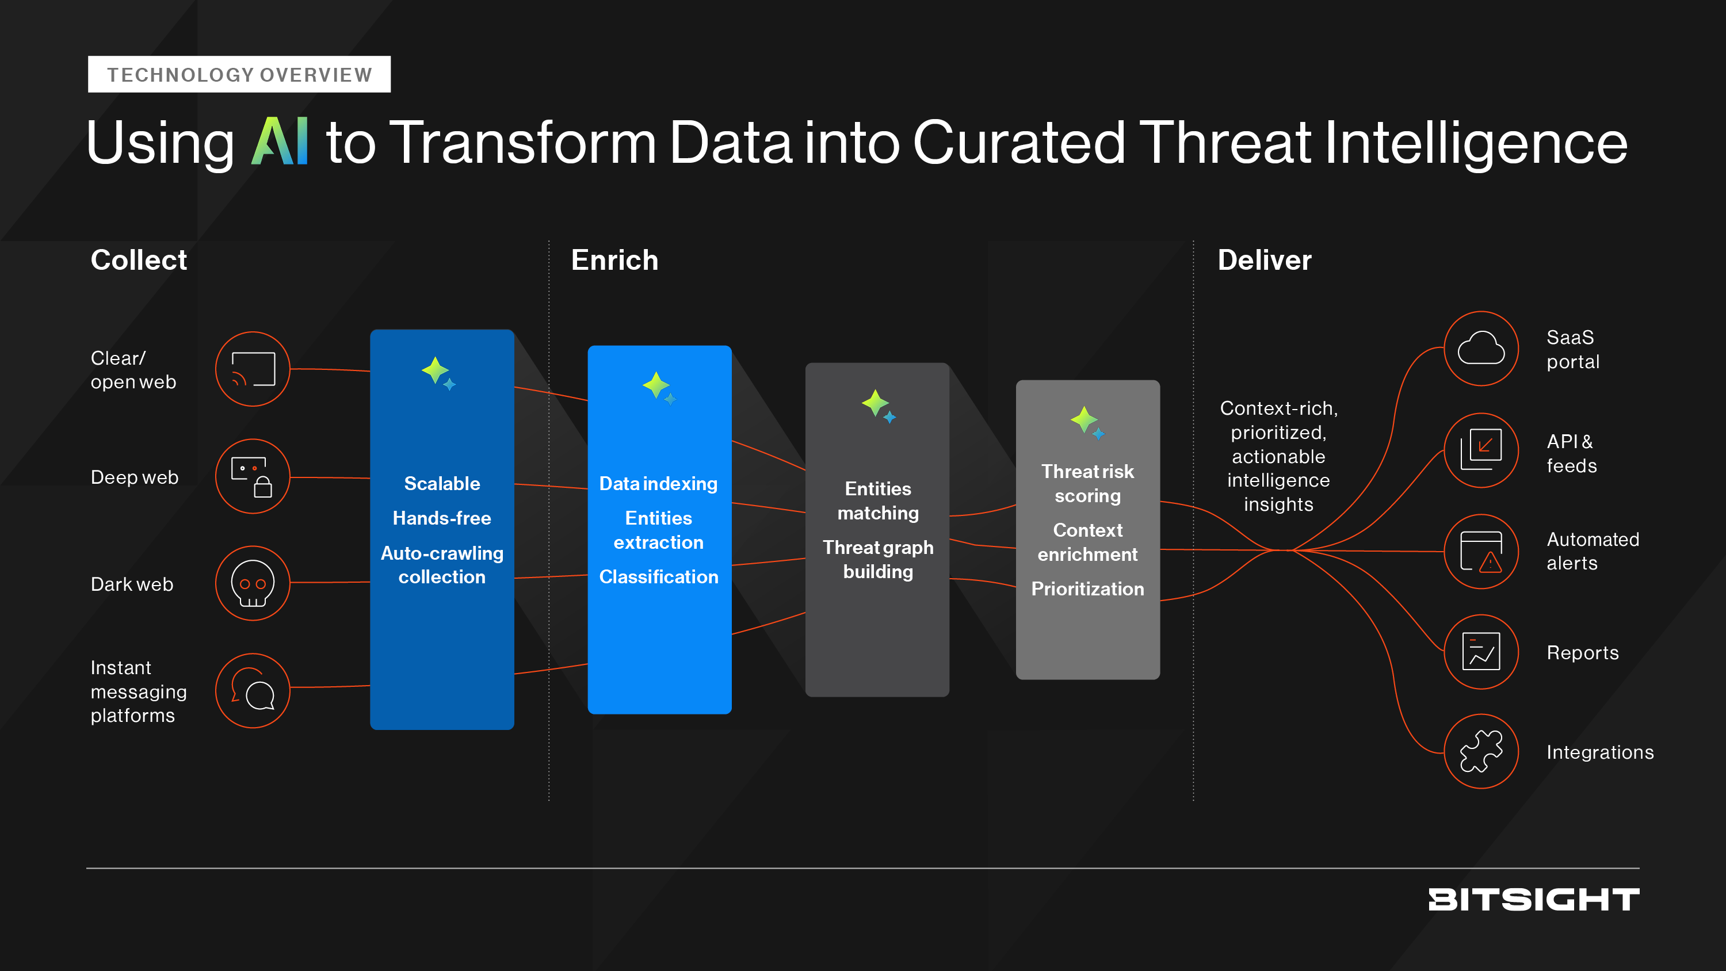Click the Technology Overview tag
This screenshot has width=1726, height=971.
[x=239, y=74]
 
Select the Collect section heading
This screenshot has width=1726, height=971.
[x=139, y=260]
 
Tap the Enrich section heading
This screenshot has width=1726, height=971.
[x=614, y=260]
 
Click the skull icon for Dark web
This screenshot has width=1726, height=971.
[x=253, y=583]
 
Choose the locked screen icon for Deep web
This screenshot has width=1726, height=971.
[x=253, y=476]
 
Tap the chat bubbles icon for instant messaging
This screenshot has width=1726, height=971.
[x=253, y=690]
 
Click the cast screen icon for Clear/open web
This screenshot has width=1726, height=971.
[x=253, y=369]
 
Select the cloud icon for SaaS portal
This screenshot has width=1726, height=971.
[x=1481, y=349]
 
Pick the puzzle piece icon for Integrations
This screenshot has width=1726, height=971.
[x=1481, y=751]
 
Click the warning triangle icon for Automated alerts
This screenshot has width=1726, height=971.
[x=1481, y=552]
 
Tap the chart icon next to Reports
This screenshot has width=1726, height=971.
[x=1481, y=651]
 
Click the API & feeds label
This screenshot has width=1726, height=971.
[x=1571, y=454]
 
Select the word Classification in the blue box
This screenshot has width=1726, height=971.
[x=659, y=577]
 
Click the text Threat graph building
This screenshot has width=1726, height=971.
[x=878, y=560]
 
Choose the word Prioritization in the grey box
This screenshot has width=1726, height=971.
[x=1087, y=589]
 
